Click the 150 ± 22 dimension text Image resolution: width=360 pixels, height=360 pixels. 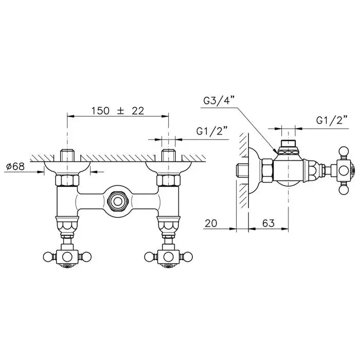click(x=118, y=111)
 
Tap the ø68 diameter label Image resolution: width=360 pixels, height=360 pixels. click(x=15, y=166)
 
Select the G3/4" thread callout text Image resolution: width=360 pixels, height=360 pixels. click(x=219, y=101)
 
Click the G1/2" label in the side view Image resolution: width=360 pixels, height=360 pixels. click(x=332, y=120)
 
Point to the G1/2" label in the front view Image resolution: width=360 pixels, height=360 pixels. click(x=212, y=131)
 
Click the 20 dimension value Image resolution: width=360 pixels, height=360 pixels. click(x=211, y=223)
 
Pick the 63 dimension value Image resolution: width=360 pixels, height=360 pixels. click(x=268, y=223)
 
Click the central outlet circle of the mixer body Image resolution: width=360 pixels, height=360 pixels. click(x=118, y=202)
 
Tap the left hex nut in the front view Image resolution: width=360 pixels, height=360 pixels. click(x=67, y=180)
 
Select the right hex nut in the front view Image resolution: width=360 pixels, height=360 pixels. click(x=169, y=180)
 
